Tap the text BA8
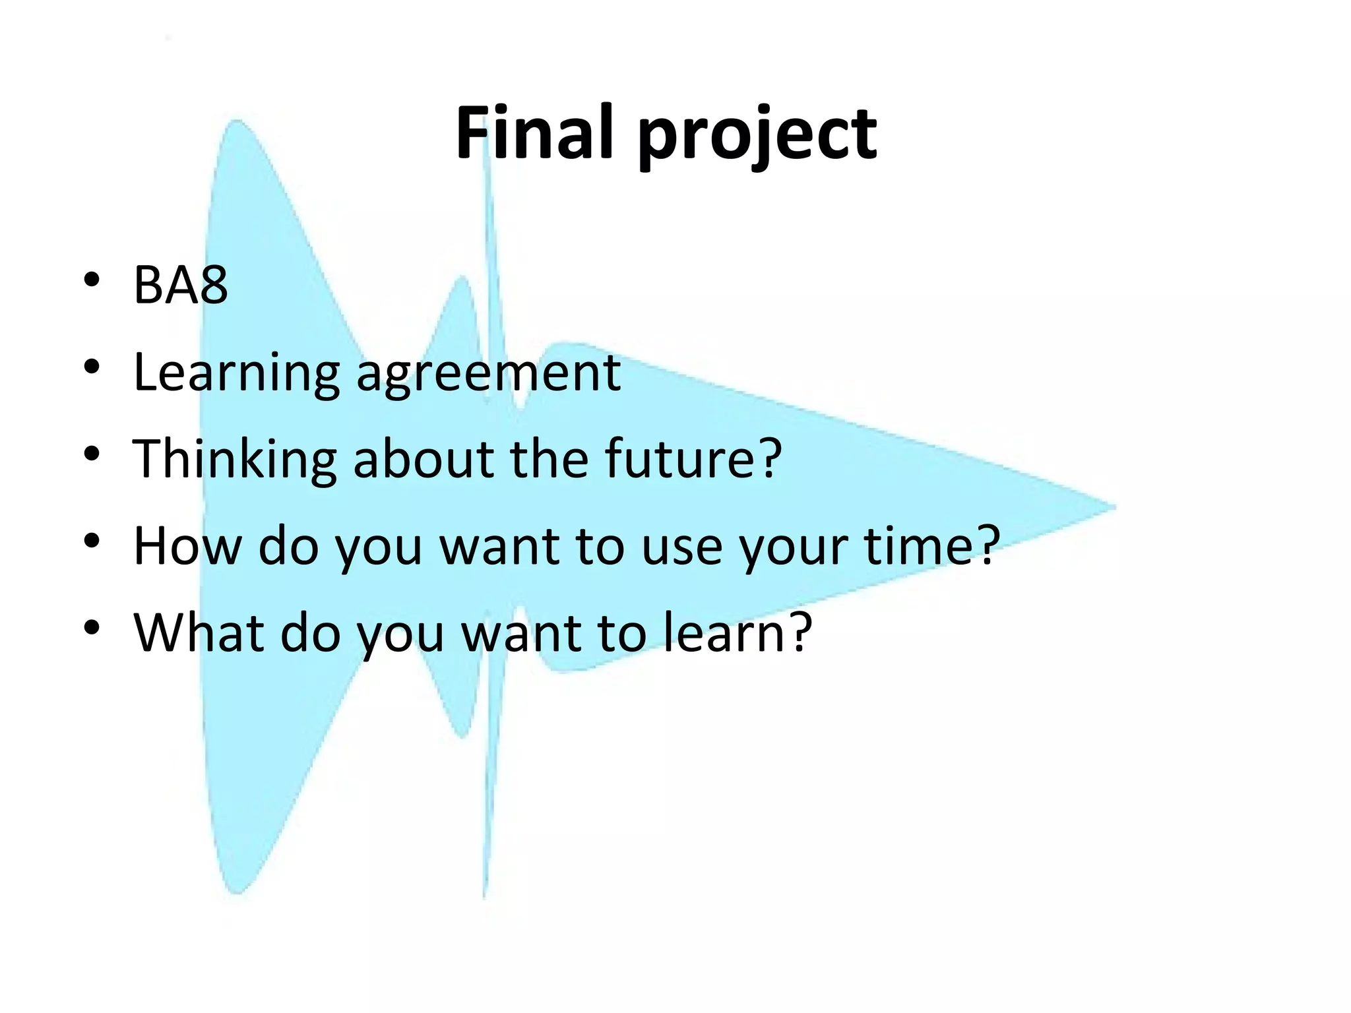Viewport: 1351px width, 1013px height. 180,285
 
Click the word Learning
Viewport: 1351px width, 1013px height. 236,373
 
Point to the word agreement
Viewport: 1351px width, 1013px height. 488,373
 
